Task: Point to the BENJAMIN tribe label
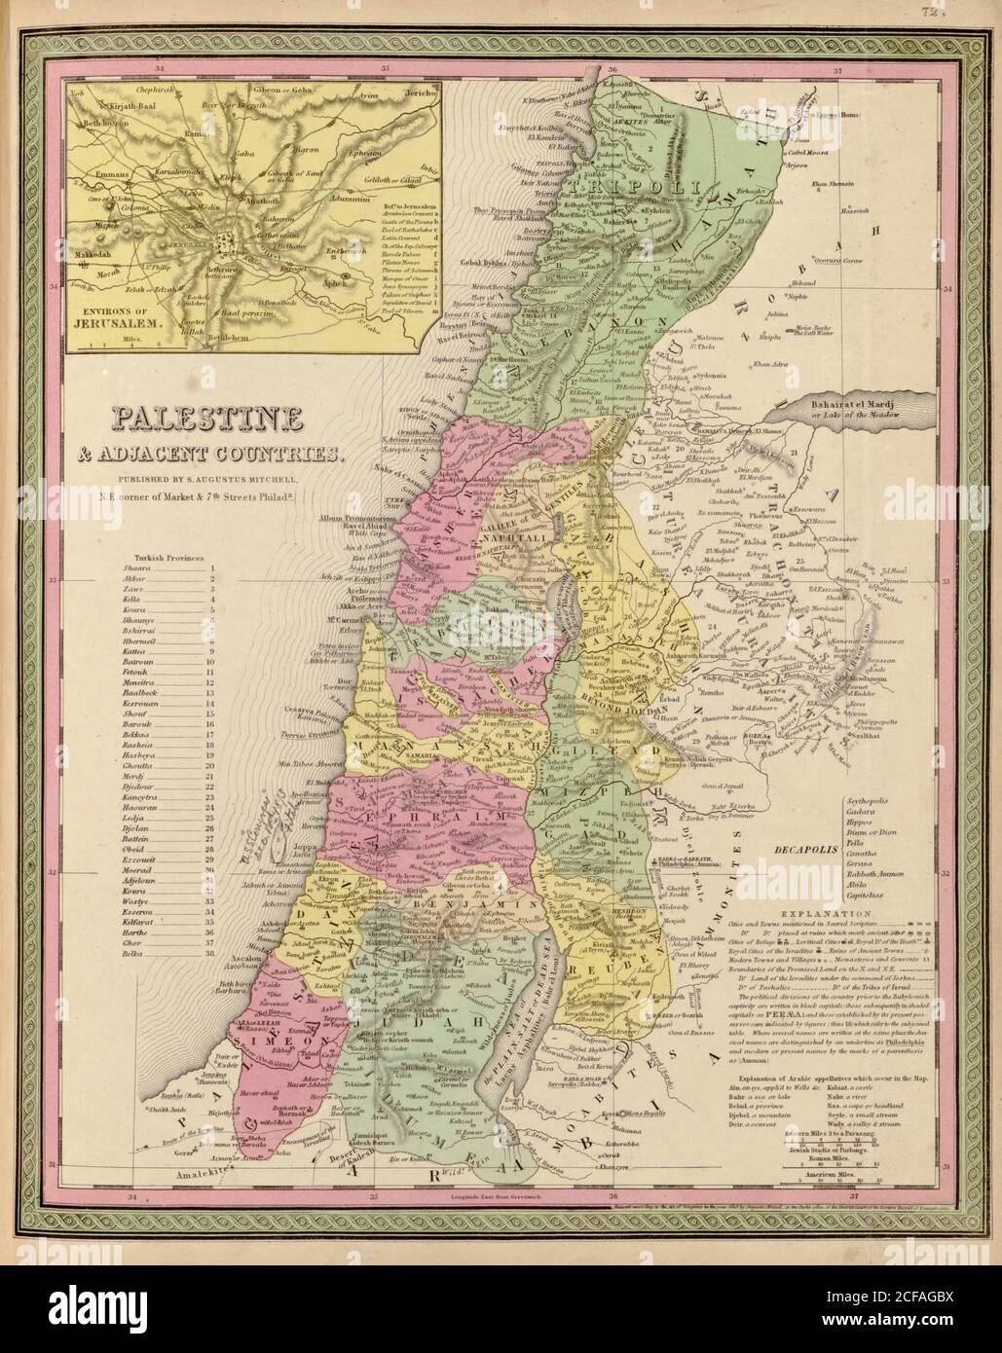coord(496,904)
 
